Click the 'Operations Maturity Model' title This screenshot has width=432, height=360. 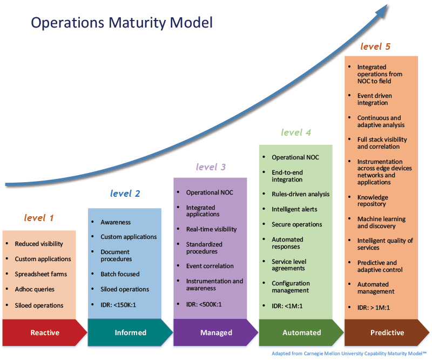coord(122,23)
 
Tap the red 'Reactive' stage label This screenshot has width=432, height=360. coord(45,332)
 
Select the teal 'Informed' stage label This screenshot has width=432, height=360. coord(130,332)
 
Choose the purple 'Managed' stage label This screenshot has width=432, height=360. coord(216,332)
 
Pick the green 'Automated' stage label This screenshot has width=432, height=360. coord(302,332)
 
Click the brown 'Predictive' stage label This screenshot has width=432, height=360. coord(387,332)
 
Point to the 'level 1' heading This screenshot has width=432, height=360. coord(38,218)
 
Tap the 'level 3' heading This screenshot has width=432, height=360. coord(211,166)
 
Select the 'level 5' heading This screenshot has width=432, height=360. coord(375,46)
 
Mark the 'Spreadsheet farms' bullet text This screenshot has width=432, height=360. coord(41,274)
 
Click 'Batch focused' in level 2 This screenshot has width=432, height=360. coord(120,274)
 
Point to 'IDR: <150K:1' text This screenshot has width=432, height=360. coord(118,305)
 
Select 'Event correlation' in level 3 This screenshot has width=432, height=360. coord(210,266)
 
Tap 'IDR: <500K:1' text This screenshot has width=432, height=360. coord(204,304)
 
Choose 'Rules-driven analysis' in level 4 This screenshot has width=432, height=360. coord(301,194)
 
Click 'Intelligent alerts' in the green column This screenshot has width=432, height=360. coord(294,209)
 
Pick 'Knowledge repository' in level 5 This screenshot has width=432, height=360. coord(373,201)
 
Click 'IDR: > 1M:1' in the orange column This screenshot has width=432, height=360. coord(373,308)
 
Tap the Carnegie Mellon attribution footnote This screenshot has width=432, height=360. coord(349,354)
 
